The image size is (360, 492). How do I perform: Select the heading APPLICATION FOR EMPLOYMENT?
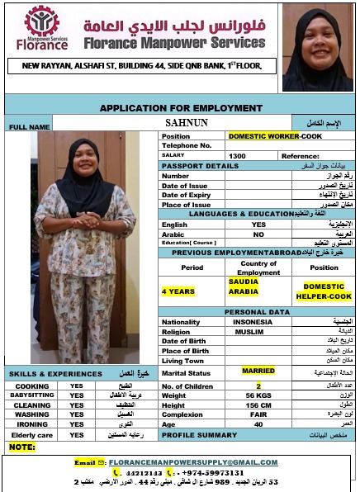coord(181,107)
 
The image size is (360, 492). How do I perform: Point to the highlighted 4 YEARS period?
coord(178,291)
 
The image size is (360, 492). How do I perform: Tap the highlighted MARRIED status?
coord(258,371)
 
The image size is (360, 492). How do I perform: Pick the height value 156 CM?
coord(258,405)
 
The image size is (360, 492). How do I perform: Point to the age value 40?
coord(258,424)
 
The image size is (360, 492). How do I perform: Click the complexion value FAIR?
coord(258,414)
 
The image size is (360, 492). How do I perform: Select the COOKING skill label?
coord(32,386)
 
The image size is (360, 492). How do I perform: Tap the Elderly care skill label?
coord(32,434)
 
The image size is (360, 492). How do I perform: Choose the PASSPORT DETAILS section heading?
coord(200,165)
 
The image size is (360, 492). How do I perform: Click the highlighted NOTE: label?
coord(22,447)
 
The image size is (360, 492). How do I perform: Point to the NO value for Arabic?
coord(258,234)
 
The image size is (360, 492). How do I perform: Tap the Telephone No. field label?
coord(187,145)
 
